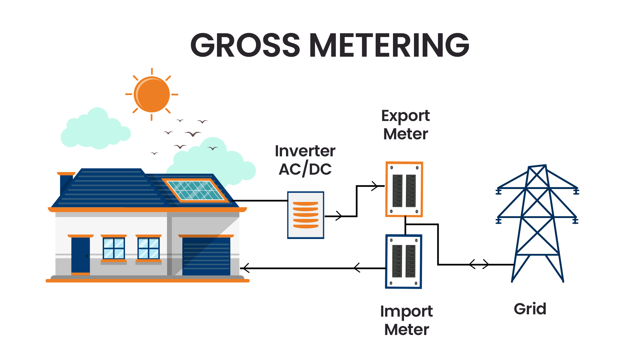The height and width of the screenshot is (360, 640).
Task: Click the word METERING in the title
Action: tap(389, 45)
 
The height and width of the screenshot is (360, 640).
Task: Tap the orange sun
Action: tap(152, 94)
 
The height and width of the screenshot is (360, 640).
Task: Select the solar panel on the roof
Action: tap(196, 190)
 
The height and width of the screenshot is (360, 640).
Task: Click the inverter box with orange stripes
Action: tap(306, 215)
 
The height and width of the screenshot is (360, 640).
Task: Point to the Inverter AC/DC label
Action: tap(305, 160)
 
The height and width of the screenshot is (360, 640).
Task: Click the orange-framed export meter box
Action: tap(404, 189)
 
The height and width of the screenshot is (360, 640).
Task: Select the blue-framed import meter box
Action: tap(404, 261)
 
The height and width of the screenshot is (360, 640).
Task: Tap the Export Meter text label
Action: tap(405, 125)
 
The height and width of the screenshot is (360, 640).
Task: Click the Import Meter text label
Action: tap(406, 320)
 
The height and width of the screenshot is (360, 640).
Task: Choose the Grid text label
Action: tap(530, 309)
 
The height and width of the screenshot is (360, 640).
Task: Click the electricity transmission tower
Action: tap(537, 223)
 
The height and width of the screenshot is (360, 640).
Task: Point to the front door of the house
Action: tap(80, 255)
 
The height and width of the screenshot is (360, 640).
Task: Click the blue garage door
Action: tap(206, 256)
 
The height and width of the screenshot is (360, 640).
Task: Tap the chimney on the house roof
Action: tap(66, 183)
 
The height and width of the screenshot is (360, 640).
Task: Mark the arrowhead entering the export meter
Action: tap(375, 186)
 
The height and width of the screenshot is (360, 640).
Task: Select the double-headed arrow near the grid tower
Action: tap(479, 264)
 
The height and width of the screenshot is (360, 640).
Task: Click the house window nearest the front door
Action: tap(114, 248)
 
